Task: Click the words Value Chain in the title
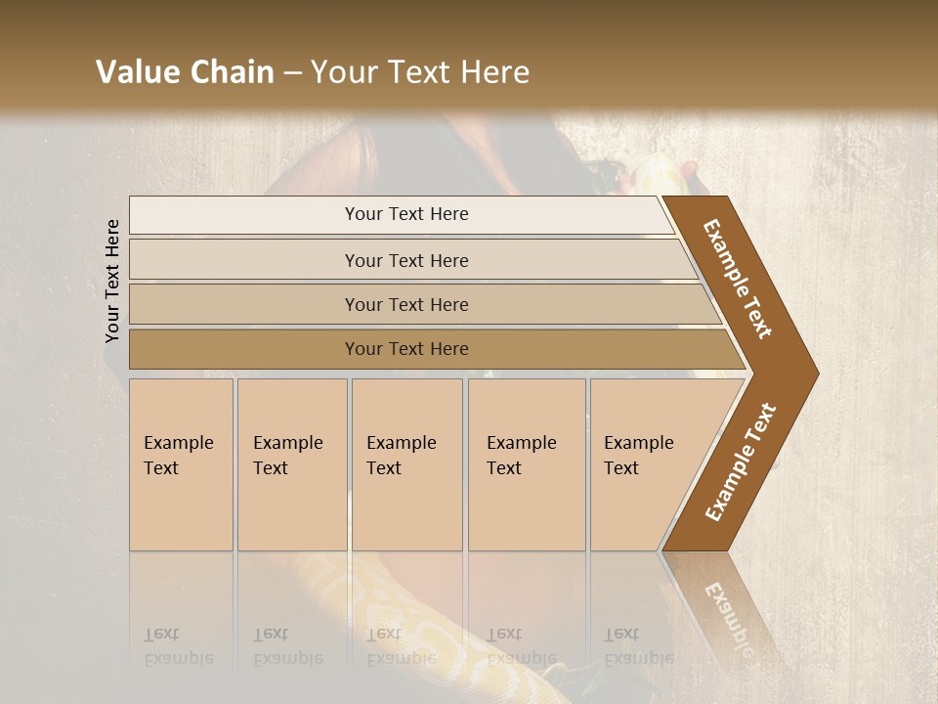tap(185, 72)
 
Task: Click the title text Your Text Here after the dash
tap(420, 72)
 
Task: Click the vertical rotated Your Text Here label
tap(112, 281)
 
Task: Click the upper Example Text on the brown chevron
tap(738, 279)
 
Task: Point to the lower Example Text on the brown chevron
tap(741, 462)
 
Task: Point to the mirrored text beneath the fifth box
tap(621, 645)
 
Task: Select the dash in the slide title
tap(292, 72)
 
